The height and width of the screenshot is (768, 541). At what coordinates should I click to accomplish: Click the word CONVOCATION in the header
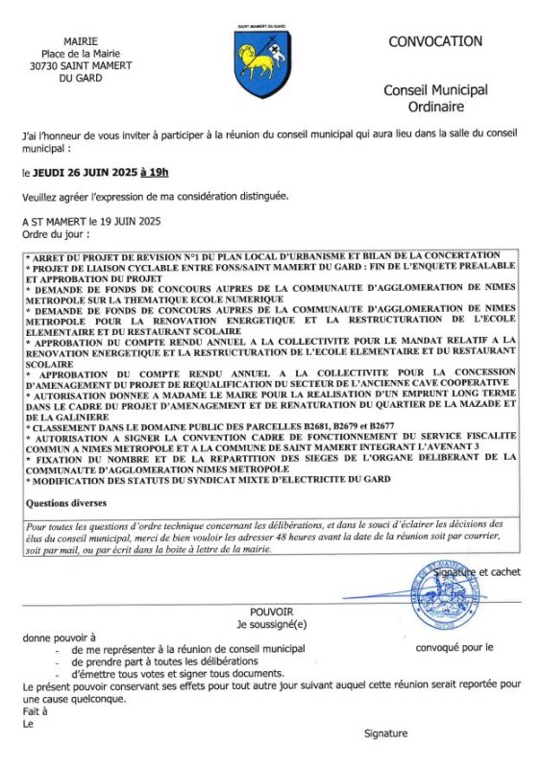(435, 41)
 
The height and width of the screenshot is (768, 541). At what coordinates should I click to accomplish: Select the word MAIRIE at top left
(80, 41)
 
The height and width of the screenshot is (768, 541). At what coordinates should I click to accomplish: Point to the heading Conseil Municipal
(435, 89)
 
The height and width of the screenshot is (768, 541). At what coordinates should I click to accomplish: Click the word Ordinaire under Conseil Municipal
(435, 106)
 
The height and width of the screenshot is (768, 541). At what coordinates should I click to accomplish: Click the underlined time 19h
(154, 173)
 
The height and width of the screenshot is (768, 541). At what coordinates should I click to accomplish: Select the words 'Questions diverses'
(66, 502)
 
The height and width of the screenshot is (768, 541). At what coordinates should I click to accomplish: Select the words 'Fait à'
(35, 711)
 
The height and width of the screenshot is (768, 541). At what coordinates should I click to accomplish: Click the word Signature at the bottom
(385, 733)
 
